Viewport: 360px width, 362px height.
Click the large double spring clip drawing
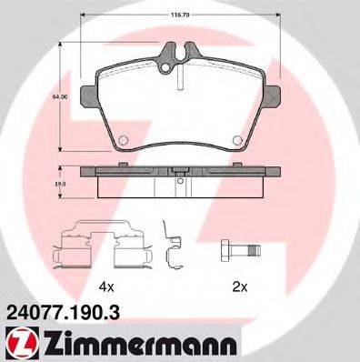coord(96,246)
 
